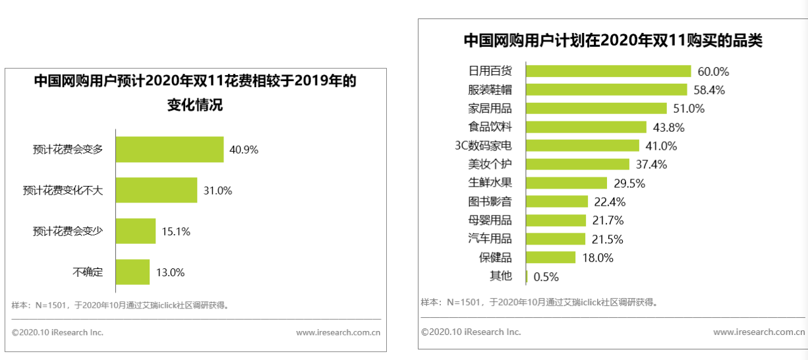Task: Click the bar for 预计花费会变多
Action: coord(169,150)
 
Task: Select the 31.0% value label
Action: coord(217,191)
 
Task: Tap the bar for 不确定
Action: coord(132,272)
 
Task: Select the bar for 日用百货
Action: coord(608,71)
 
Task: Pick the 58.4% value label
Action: coord(709,90)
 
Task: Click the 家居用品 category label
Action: coord(490,108)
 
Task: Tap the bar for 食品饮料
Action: coord(586,127)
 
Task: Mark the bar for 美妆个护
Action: coord(577,164)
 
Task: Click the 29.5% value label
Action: coord(629,183)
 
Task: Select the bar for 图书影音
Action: coord(557,202)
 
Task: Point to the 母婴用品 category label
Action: coord(490,220)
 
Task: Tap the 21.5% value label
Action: coord(607,239)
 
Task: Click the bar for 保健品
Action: coord(551,258)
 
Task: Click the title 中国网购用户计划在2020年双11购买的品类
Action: coord(613,40)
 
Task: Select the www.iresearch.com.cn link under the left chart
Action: coord(338,332)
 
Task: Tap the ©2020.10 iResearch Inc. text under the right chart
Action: coord(471,332)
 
